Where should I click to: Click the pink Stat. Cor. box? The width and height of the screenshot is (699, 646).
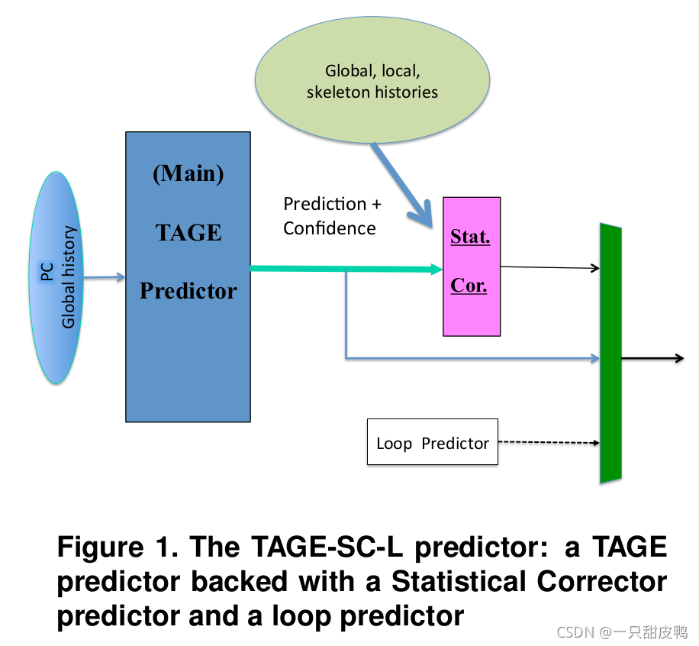click(472, 266)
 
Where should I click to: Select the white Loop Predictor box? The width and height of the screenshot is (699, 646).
click(432, 442)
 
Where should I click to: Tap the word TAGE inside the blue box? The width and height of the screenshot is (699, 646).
click(188, 232)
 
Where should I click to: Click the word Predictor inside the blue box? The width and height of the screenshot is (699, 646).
click(188, 290)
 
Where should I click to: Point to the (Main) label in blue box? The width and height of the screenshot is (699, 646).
click(188, 174)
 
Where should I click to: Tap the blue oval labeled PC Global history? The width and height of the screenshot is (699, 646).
click(56, 277)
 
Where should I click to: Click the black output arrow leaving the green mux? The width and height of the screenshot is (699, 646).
click(652, 358)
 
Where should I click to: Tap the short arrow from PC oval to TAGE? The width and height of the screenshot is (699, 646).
click(104, 278)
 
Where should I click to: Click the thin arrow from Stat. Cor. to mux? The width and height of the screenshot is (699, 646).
click(549, 267)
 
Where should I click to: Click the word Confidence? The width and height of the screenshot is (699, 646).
click(329, 228)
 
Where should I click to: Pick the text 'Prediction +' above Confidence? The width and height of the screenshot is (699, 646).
click(332, 204)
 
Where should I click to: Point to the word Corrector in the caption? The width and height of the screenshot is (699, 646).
click(602, 581)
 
